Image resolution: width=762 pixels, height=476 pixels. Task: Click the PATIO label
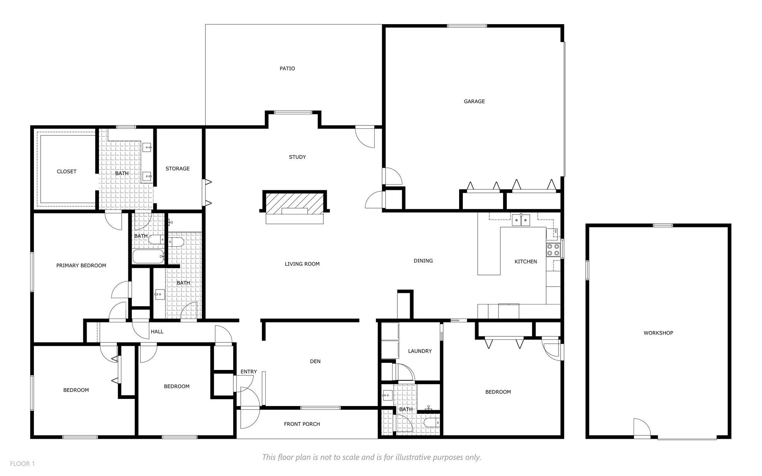[287, 68]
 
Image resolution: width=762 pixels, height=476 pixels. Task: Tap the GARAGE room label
[474, 101]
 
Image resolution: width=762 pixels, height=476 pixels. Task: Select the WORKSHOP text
[658, 333]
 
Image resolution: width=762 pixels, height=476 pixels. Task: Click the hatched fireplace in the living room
[294, 203]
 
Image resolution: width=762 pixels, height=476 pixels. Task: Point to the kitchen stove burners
[553, 249]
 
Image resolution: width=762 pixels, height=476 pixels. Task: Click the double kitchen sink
[521, 220]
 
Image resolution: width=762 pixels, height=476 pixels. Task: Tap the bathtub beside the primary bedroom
[148, 256]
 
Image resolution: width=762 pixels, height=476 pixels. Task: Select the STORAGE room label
[177, 169]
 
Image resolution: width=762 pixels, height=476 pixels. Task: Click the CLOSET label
[67, 172]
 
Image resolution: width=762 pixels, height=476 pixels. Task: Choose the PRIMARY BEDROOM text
[81, 265]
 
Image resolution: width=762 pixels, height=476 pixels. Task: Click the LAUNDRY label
[420, 351]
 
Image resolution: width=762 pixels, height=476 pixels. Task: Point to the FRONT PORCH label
[302, 424]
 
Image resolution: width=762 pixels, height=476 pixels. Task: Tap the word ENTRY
[249, 371]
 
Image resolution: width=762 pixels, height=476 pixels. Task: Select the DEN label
[315, 361]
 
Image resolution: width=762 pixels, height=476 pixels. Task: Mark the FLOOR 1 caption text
[22, 464]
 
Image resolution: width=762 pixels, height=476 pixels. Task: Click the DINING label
[423, 261]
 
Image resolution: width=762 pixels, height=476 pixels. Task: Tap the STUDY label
[297, 157]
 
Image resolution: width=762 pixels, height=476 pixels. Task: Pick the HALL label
[157, 332]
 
